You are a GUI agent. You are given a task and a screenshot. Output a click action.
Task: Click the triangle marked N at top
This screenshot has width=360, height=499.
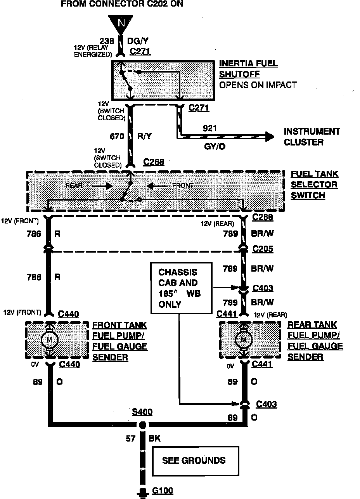click(121, 23)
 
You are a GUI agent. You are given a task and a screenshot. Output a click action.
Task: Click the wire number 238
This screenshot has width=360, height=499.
click(107, 41)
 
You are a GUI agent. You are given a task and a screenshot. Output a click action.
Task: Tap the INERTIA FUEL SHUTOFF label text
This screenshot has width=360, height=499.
click(248, 69)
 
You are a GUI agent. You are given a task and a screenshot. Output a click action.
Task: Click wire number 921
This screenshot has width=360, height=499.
click(210, 128)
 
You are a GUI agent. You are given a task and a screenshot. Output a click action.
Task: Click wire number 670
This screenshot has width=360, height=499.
click(117, 136)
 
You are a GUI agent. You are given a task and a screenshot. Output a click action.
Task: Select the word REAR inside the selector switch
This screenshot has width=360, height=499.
click(74, 186)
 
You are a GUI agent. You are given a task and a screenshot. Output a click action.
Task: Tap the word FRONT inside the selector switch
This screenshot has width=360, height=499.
click(183, 186)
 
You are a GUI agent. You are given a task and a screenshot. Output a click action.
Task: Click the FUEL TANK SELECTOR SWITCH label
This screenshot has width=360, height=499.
click(314, 185)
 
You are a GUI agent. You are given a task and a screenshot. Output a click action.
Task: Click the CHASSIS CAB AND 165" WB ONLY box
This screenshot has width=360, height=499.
click(181, 288)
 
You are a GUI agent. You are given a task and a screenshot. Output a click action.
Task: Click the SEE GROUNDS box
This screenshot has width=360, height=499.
click(194, 461)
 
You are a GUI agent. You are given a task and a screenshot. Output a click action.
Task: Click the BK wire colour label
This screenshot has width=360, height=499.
click(154, 439)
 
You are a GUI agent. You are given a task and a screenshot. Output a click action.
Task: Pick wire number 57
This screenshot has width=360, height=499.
click(130, 439)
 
